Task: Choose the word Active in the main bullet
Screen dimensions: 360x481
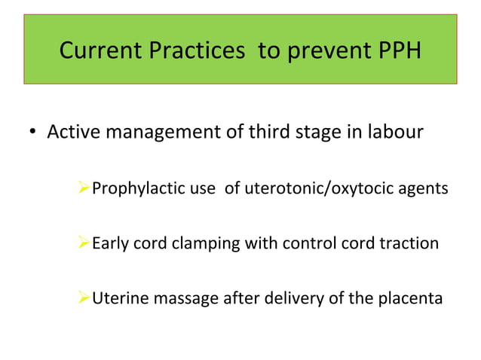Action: [x=73, y=133]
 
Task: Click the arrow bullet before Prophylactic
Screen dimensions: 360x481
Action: [x=84, y=188]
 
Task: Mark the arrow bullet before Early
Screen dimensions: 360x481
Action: [x=84, y=243]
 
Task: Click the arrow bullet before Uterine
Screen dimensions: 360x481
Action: [x=84, y=299]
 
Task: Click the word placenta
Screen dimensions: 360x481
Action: [x=409, y=299]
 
